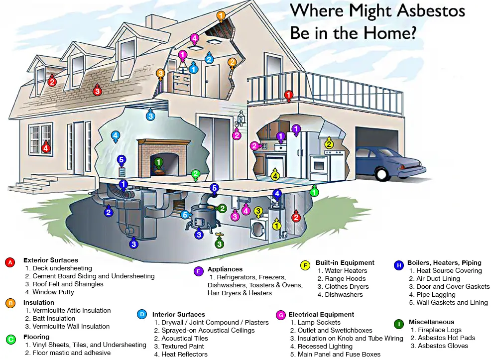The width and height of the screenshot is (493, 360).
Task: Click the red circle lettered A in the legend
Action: point(9,262)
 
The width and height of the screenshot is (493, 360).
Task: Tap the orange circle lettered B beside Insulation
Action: point(9,303)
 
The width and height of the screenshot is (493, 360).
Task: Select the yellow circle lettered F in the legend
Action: point(305,265)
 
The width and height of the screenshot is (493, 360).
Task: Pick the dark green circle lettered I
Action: point(398,324)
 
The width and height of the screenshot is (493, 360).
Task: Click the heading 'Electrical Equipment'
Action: point(321,315)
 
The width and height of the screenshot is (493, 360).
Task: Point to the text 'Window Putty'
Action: point(53,292)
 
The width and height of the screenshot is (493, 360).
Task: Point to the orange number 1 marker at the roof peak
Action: point(221,16)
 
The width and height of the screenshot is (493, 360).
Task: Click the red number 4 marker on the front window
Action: point(46,147)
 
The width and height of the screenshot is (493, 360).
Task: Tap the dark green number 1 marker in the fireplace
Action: point(158,162)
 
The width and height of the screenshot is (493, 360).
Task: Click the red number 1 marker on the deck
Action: point(288,95)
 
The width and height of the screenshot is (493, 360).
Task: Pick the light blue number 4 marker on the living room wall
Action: point(115,135)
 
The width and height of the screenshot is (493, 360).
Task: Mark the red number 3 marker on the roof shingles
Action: point(97,91)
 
